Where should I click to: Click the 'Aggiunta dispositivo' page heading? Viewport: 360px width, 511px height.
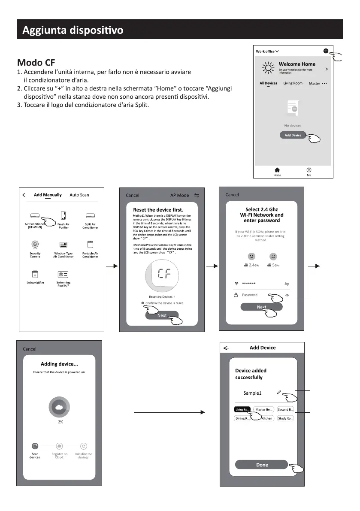pos(73,30)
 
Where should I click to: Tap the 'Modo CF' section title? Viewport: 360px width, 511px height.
pos(36,62)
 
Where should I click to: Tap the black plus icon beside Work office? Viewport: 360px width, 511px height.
pos(326,51)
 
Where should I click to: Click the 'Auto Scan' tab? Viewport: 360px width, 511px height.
pos(79,195)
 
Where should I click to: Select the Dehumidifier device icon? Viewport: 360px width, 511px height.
pos(35,274)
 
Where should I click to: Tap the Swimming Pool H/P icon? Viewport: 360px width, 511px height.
pos(63,274)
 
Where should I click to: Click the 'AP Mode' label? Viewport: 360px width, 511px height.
pos(179,195)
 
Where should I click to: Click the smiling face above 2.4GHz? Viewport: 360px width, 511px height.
pos(251,256)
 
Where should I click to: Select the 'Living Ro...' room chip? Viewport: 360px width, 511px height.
pos(242,409)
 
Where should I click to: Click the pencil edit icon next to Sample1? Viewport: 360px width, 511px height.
pos(279,392)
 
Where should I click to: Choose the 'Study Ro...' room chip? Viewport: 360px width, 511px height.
pos(285,418)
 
